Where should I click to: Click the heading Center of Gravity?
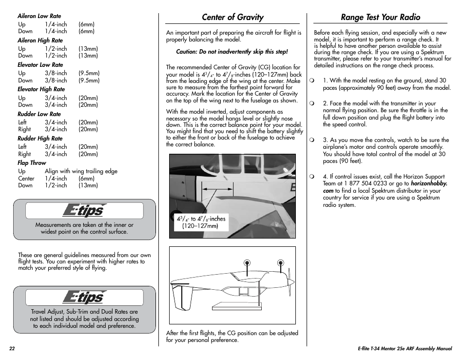(232, 17)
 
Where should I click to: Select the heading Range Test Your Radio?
(380, 17)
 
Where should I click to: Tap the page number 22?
(12, 349)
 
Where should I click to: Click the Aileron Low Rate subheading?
(39, 16)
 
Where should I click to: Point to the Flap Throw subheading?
(32, 163)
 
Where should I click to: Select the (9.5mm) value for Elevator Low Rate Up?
(89, 73)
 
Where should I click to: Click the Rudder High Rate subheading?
(40, 139)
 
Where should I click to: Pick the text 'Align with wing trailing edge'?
(81, 171)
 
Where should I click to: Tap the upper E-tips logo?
(84, 211)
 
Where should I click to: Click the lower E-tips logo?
(84, 297)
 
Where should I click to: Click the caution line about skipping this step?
(232, 52)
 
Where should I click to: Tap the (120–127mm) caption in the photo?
(200, 226)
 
